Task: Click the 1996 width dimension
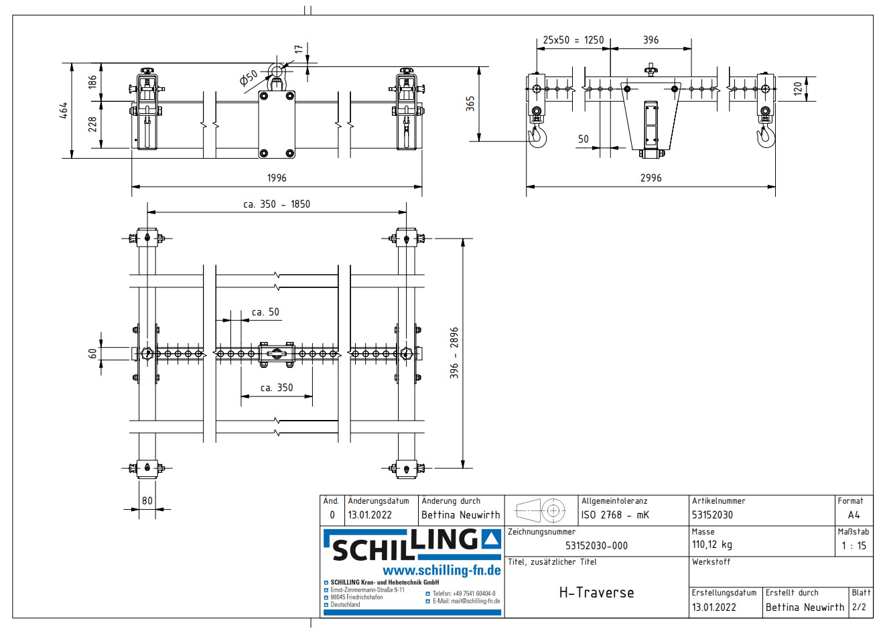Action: tap(276, 178)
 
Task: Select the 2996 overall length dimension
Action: tap(651, 178)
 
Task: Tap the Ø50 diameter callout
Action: tap(249, 78)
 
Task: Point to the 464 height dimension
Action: tap(64, 111)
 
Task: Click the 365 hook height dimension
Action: tap(470, 103)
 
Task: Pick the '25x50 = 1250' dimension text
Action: tap(573, 40)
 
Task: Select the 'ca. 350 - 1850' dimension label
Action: tap(276, 204)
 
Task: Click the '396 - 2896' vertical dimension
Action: tap(454, 353)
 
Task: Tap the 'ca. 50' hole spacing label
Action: tap(265, 312)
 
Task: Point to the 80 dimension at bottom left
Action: tap(147, 500)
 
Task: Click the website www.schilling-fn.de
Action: tap(441, 571)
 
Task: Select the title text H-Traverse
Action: tap(596, 593)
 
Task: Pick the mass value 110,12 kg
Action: tap(712, 545)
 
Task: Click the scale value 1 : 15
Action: tap(854, 545)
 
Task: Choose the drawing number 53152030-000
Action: tap(596, 545)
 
